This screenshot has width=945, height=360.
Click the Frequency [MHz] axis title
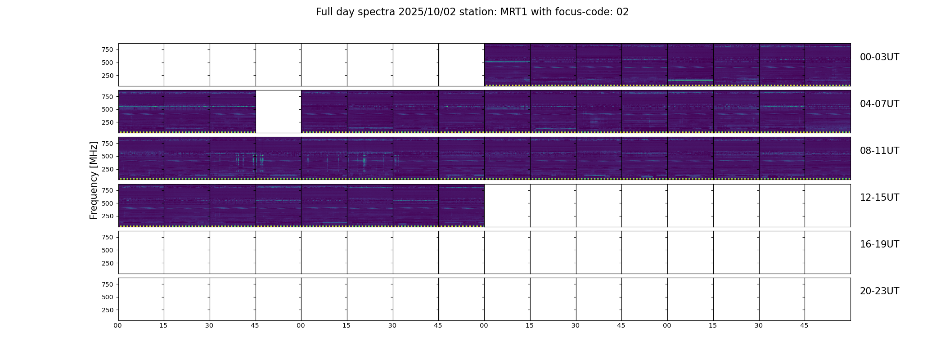[x=94, y=180]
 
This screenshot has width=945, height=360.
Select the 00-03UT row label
[x=879, y=57]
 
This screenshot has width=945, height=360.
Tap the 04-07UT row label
[x=879, y=104]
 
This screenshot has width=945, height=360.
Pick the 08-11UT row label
[x=879, y=151]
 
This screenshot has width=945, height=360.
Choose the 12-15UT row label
[x=879, y=198]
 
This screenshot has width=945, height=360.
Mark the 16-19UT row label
[x=879, y=244]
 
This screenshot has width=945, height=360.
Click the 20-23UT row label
[x=879, y=291]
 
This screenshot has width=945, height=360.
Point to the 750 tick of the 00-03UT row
[x=108, y=49]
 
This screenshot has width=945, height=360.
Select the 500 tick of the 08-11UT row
[x=108, y=156]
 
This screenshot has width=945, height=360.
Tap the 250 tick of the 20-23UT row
[x=108, y=310]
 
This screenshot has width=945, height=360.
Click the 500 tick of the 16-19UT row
[x=108, y=250]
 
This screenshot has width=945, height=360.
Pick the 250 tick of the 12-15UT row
[x=108, y=216]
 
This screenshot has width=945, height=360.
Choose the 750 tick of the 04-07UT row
[x=108, y=97]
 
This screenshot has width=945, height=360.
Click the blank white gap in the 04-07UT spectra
[x=279, y=112]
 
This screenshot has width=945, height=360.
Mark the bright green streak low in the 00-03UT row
[x=690, y=80]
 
